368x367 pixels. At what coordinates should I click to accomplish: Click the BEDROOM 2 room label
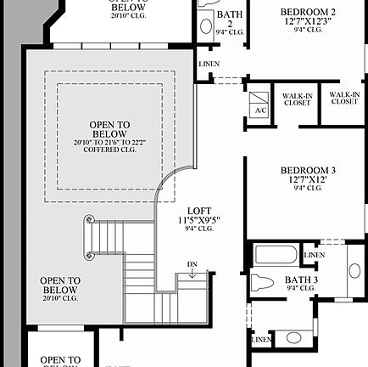[x=309, y=12]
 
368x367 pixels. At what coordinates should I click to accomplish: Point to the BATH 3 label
[x=301, y=280]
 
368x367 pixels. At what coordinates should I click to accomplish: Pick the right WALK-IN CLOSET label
[x=343, y=98]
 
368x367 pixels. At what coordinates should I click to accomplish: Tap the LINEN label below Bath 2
[x=209, y=65]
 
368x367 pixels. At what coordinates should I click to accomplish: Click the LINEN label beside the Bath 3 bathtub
[x=314, y=255]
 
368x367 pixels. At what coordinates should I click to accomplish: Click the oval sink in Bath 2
[x=206, y=25]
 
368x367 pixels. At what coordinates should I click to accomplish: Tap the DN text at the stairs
[x=192, y=264]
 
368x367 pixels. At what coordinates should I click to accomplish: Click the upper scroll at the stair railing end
[x=87, y=221]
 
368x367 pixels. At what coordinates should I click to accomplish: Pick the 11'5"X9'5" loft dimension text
[x=200, y=220]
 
